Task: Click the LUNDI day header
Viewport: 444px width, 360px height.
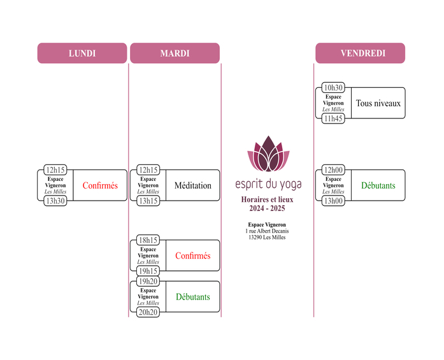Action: tap(82, 54)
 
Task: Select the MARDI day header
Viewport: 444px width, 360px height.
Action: tap(175, 54)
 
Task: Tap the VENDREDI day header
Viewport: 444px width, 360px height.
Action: tap(360, 54)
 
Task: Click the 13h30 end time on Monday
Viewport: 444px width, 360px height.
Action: tap(55, 201)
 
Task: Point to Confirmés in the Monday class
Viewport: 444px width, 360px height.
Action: tap(100, 185)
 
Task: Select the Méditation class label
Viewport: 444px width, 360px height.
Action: tap(192, 185)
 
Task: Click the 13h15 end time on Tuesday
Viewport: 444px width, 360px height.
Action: tap(148, 201)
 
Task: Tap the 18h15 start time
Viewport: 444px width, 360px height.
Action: tap(148, 240)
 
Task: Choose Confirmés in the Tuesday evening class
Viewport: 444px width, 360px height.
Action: tap(192, 256)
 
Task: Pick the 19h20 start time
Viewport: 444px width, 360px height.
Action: tap(148, 281)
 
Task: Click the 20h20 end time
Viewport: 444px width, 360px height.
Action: tap(148, 312)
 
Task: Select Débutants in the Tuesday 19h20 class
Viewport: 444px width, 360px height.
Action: tap(192, 297)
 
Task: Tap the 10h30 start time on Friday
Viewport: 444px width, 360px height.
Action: tap(333, 87)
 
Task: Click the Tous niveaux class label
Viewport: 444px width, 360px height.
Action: tap(378, 103)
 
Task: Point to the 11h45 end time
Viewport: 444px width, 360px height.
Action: tap(333, 119)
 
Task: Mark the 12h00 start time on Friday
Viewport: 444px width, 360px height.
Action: tap(333, 169)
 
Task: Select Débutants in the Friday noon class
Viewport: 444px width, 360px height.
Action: tap(378, 185)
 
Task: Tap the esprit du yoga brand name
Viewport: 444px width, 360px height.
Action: tap(268, 185)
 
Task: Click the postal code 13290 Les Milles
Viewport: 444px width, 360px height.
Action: tap(267, 237)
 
